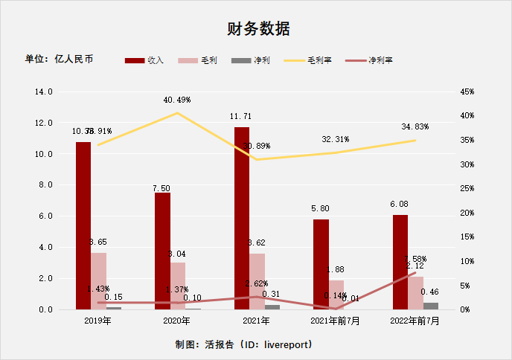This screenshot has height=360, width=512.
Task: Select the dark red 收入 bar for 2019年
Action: pos(83,225)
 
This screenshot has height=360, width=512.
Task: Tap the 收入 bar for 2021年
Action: pos(242,218)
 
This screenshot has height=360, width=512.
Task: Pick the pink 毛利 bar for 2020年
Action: pos(178,286)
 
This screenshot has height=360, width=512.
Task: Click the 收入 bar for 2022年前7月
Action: pos(400,262)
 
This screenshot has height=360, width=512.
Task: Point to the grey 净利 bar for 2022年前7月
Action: pos(431,306)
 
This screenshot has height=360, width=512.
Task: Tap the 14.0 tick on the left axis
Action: pos(44,91)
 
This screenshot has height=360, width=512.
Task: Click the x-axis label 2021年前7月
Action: pos(336,321)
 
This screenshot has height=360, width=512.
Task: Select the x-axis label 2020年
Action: pos(177,321)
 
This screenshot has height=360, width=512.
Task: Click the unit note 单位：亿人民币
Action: pos(60,59)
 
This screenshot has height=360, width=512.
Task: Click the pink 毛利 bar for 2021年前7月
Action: pos(336,295)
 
